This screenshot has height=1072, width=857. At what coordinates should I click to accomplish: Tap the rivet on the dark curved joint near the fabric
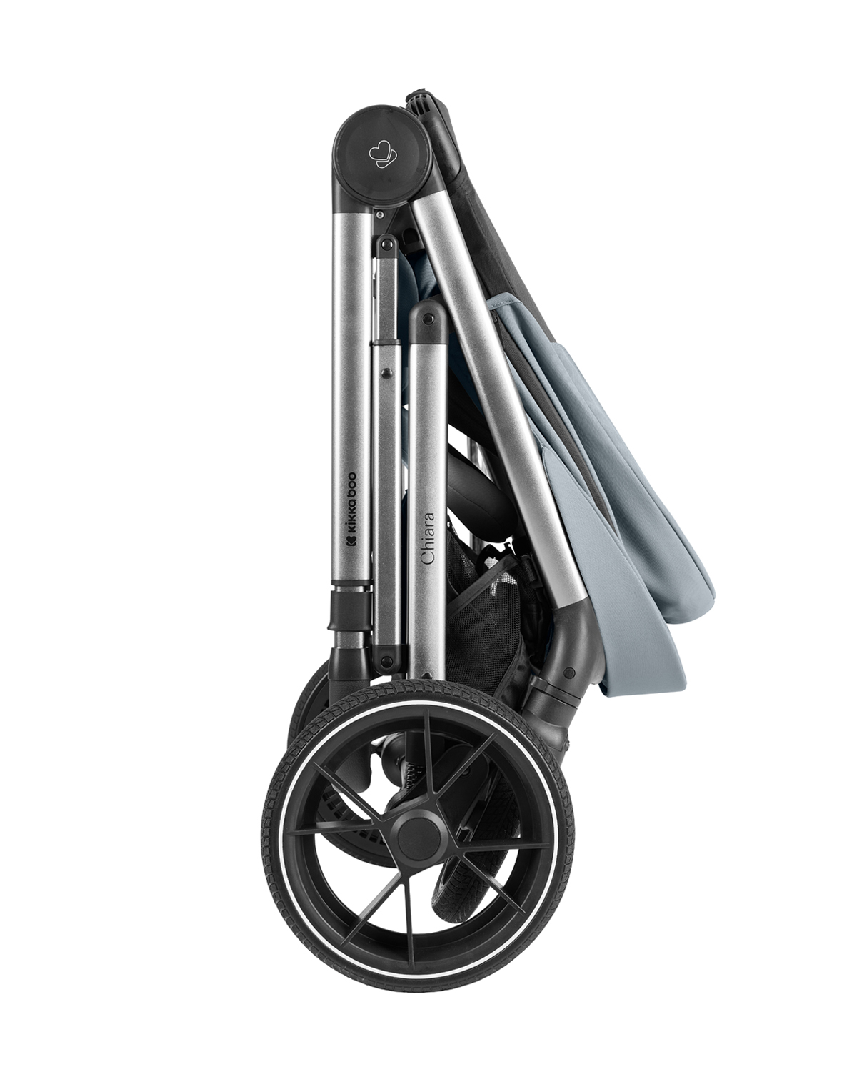568,673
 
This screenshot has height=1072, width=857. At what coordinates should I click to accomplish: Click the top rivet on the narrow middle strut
388,244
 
